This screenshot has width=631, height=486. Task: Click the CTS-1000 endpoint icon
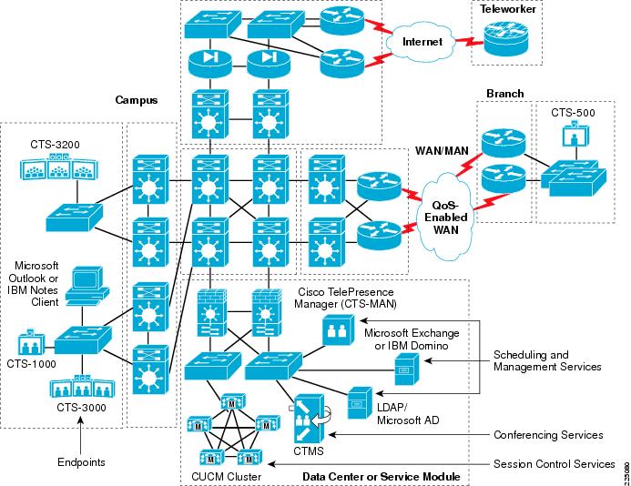30,345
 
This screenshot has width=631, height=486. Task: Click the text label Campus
137,98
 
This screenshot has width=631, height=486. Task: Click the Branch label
506,93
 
